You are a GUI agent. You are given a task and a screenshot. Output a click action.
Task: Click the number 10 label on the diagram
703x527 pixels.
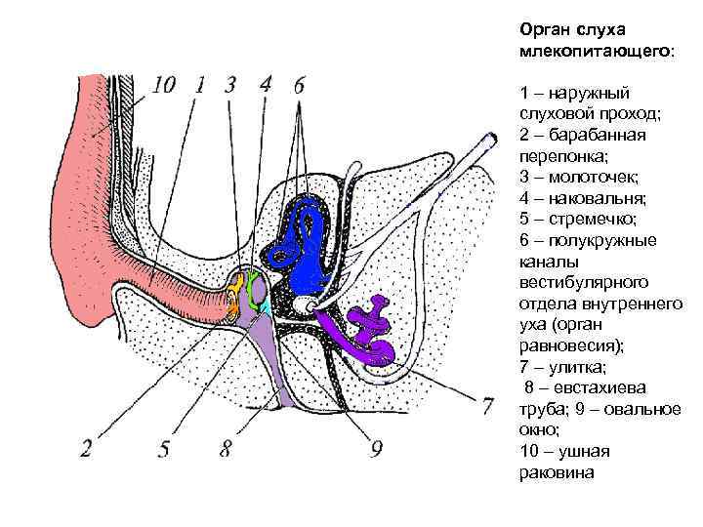162,85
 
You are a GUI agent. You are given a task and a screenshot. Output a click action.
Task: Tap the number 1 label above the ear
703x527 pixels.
198,85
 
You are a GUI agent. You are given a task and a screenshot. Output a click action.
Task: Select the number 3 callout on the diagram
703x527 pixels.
229,85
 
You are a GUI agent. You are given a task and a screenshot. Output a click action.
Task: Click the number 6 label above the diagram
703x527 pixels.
298,85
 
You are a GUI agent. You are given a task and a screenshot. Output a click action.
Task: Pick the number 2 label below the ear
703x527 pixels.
86,449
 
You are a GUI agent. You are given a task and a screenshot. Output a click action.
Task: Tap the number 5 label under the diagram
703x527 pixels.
164,449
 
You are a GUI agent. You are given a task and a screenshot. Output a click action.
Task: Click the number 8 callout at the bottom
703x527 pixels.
226,449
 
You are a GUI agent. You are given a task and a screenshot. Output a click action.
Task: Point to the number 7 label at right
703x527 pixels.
485,405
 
